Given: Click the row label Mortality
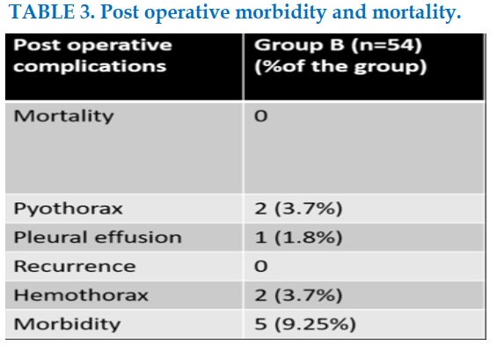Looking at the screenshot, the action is point(63,116).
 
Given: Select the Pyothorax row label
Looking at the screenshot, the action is point(68,209).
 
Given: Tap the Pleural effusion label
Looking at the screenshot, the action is point(98,238).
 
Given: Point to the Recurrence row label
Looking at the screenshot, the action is point(75,266).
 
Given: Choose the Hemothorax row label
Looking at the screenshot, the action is point(81,295).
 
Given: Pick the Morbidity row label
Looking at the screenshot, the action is point(67,324).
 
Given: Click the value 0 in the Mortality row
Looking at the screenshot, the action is point(261,116).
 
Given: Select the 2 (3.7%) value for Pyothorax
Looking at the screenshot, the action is point(298,209).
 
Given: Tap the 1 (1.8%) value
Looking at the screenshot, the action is point(298,238).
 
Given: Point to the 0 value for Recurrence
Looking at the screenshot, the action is point(261,267).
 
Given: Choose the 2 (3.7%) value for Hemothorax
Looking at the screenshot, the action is point(298,295).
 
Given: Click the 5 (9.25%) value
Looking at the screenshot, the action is point(305,324).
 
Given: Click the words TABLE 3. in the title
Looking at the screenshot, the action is point(52,12).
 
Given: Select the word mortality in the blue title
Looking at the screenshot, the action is point(416,12).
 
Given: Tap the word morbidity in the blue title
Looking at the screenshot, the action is point(281,12).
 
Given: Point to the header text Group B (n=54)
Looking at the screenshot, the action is point(338,45).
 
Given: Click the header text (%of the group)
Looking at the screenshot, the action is point(340,67).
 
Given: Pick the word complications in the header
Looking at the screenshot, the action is point(90,67).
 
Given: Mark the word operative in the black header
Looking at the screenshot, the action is point(120,46).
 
